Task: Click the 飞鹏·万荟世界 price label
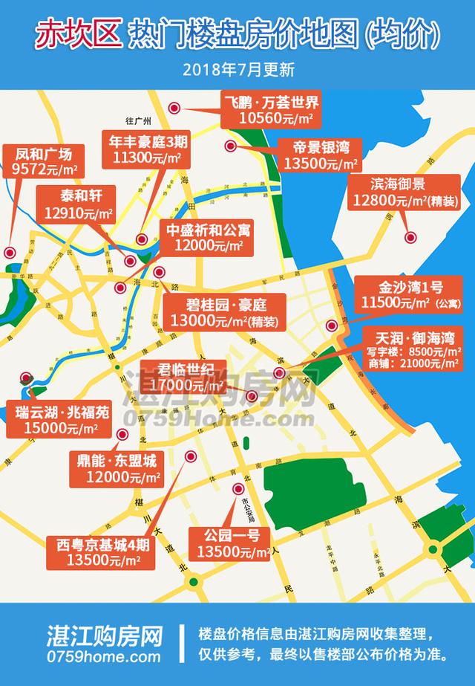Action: point(273,109)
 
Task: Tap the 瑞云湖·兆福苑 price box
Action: point(62,419)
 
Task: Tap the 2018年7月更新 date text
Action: point(237,71)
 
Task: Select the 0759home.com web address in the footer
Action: point(103,657)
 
